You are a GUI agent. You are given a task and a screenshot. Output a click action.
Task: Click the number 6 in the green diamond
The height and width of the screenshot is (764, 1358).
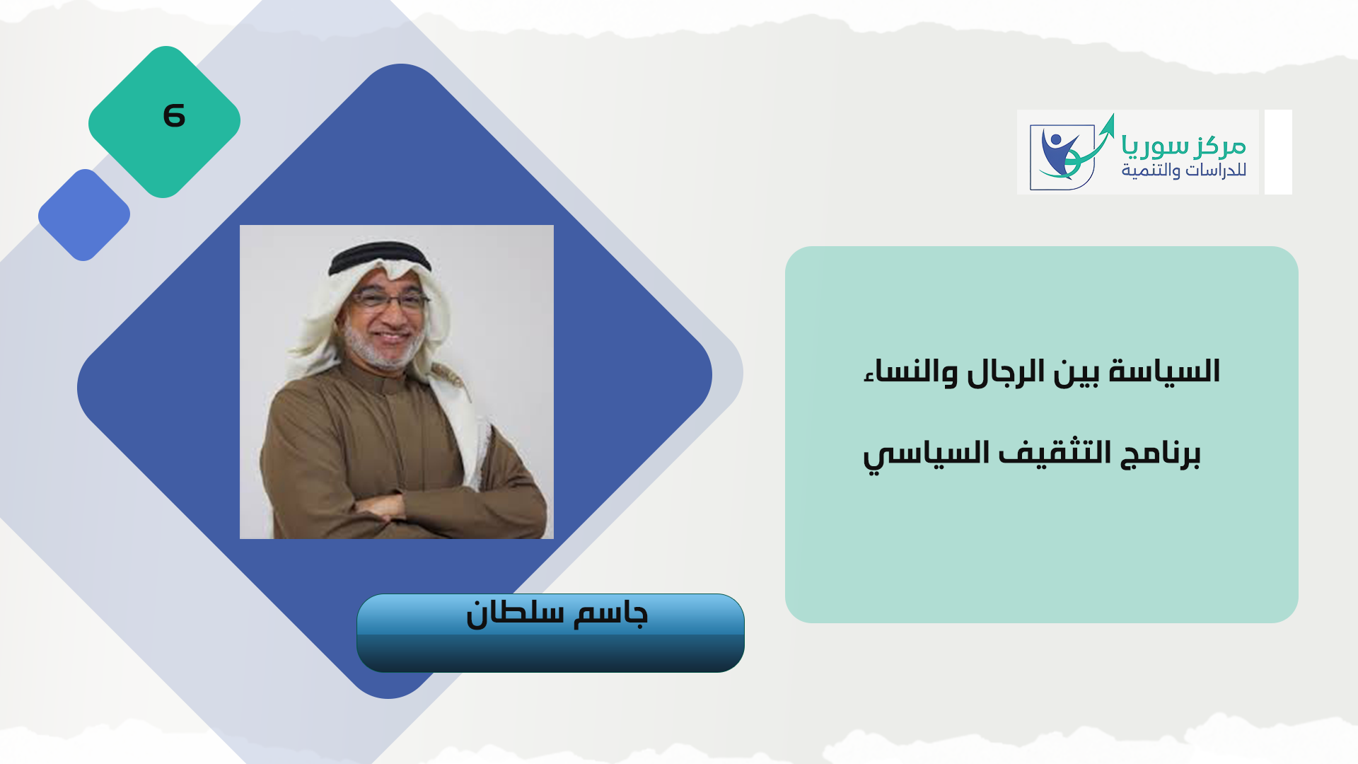click(174, 115)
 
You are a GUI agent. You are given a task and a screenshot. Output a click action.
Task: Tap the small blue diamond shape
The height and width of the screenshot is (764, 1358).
click(84, 215)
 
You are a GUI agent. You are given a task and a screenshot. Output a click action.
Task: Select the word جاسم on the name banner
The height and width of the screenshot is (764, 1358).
click(610, 613)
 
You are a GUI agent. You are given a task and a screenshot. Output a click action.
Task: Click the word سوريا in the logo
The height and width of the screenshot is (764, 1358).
click(1154, 146)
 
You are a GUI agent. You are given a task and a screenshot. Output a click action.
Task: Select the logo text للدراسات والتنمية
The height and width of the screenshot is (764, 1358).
click(1184, 170)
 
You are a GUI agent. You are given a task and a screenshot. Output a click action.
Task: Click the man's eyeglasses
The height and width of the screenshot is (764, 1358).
click(390, 300)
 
